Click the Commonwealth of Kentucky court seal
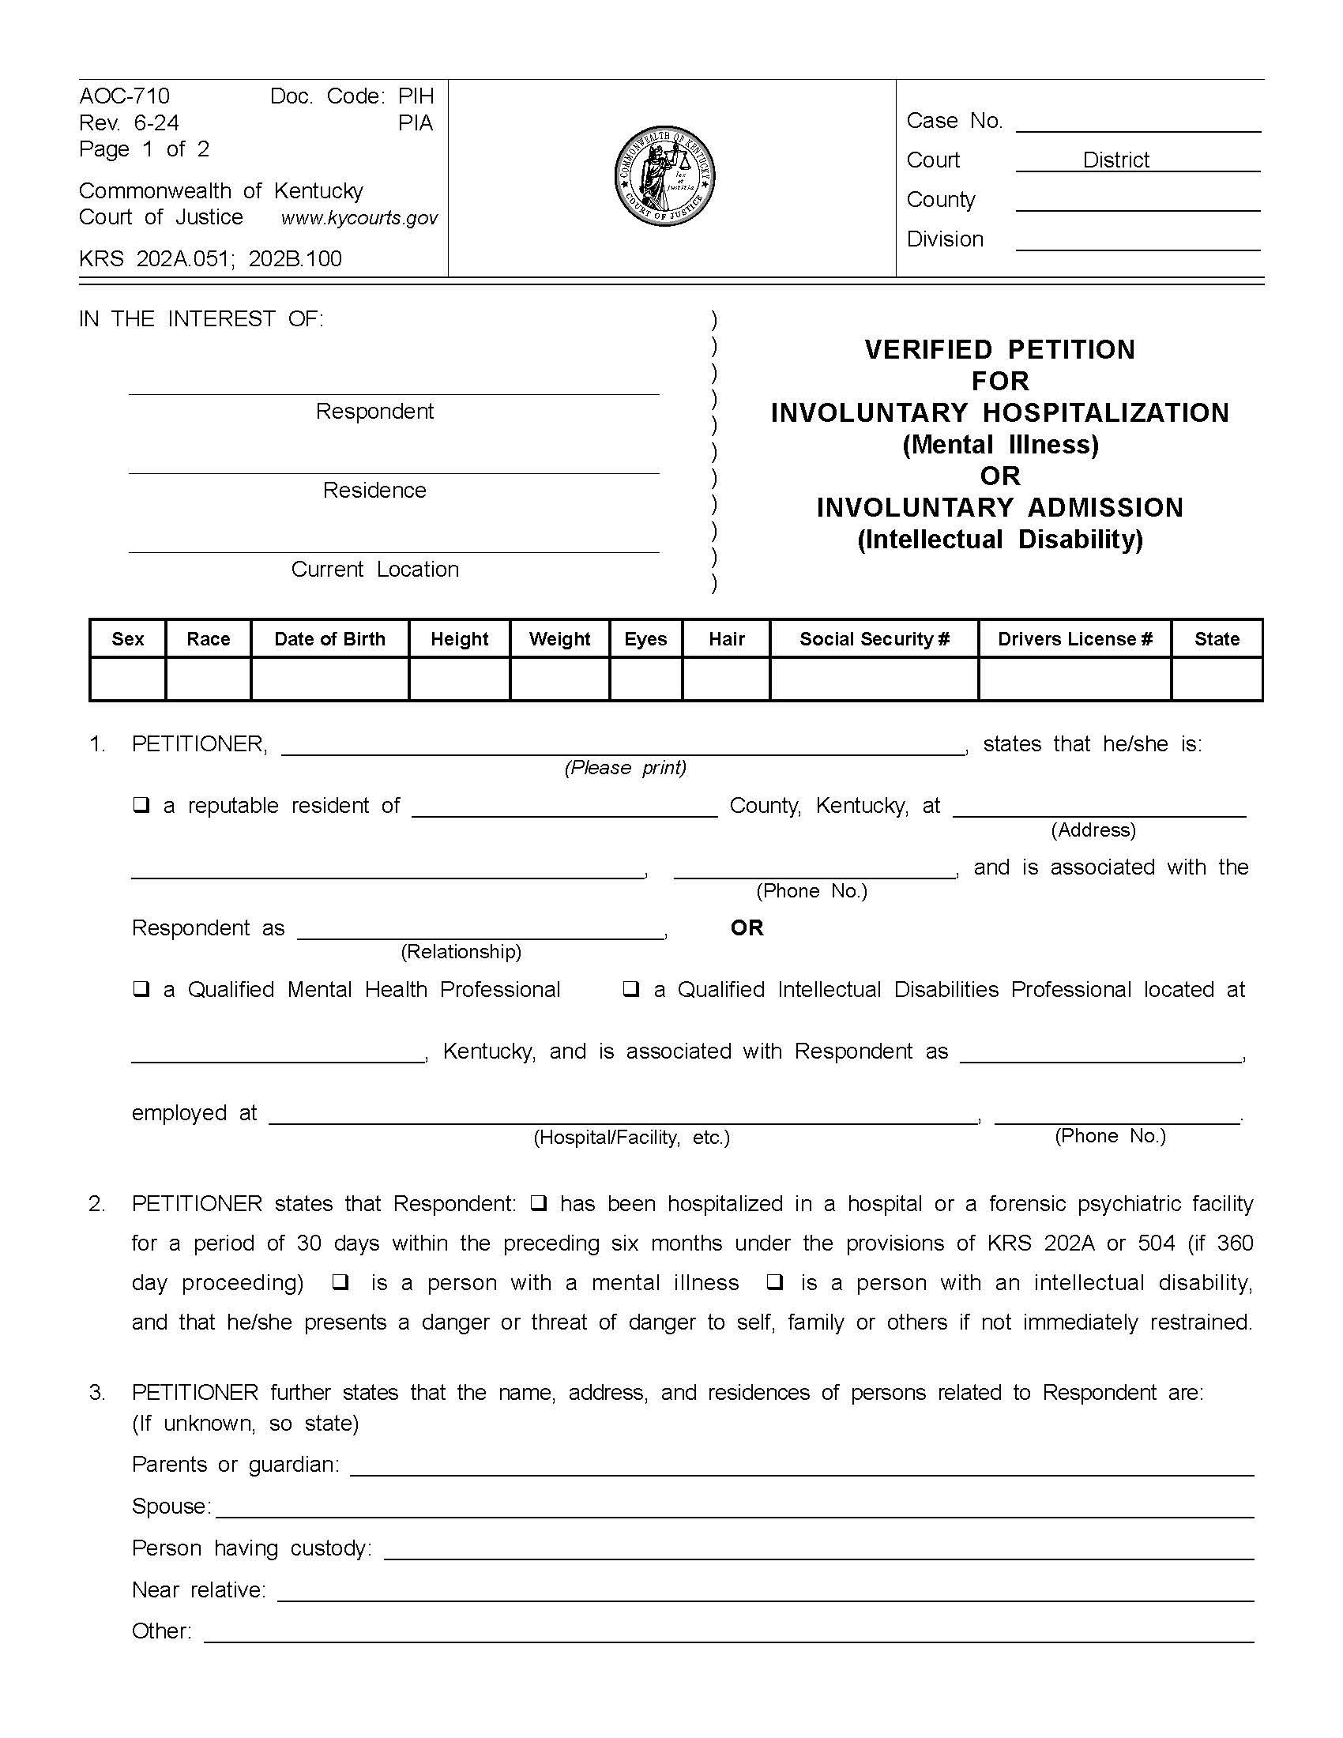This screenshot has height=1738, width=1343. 664,176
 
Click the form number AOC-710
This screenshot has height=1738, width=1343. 124,96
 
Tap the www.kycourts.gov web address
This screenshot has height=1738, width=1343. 359,218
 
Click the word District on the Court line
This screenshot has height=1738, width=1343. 1115,160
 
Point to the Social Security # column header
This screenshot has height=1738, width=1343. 874,639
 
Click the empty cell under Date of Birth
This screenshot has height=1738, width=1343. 329,679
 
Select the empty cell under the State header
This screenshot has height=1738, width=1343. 1216,679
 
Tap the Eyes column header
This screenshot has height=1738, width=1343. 645,639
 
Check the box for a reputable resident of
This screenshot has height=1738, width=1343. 141,805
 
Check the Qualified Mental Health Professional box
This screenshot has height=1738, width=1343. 141,989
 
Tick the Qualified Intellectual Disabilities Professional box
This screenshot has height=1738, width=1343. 630,989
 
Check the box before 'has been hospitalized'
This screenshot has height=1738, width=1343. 538,1203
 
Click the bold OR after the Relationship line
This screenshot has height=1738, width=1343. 747,928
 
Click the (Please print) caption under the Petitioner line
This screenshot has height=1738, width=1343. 626,767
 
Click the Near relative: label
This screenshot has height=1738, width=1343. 199,1590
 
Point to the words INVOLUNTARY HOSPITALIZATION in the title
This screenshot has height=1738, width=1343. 999,413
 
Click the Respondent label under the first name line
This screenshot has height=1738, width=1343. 374,412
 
